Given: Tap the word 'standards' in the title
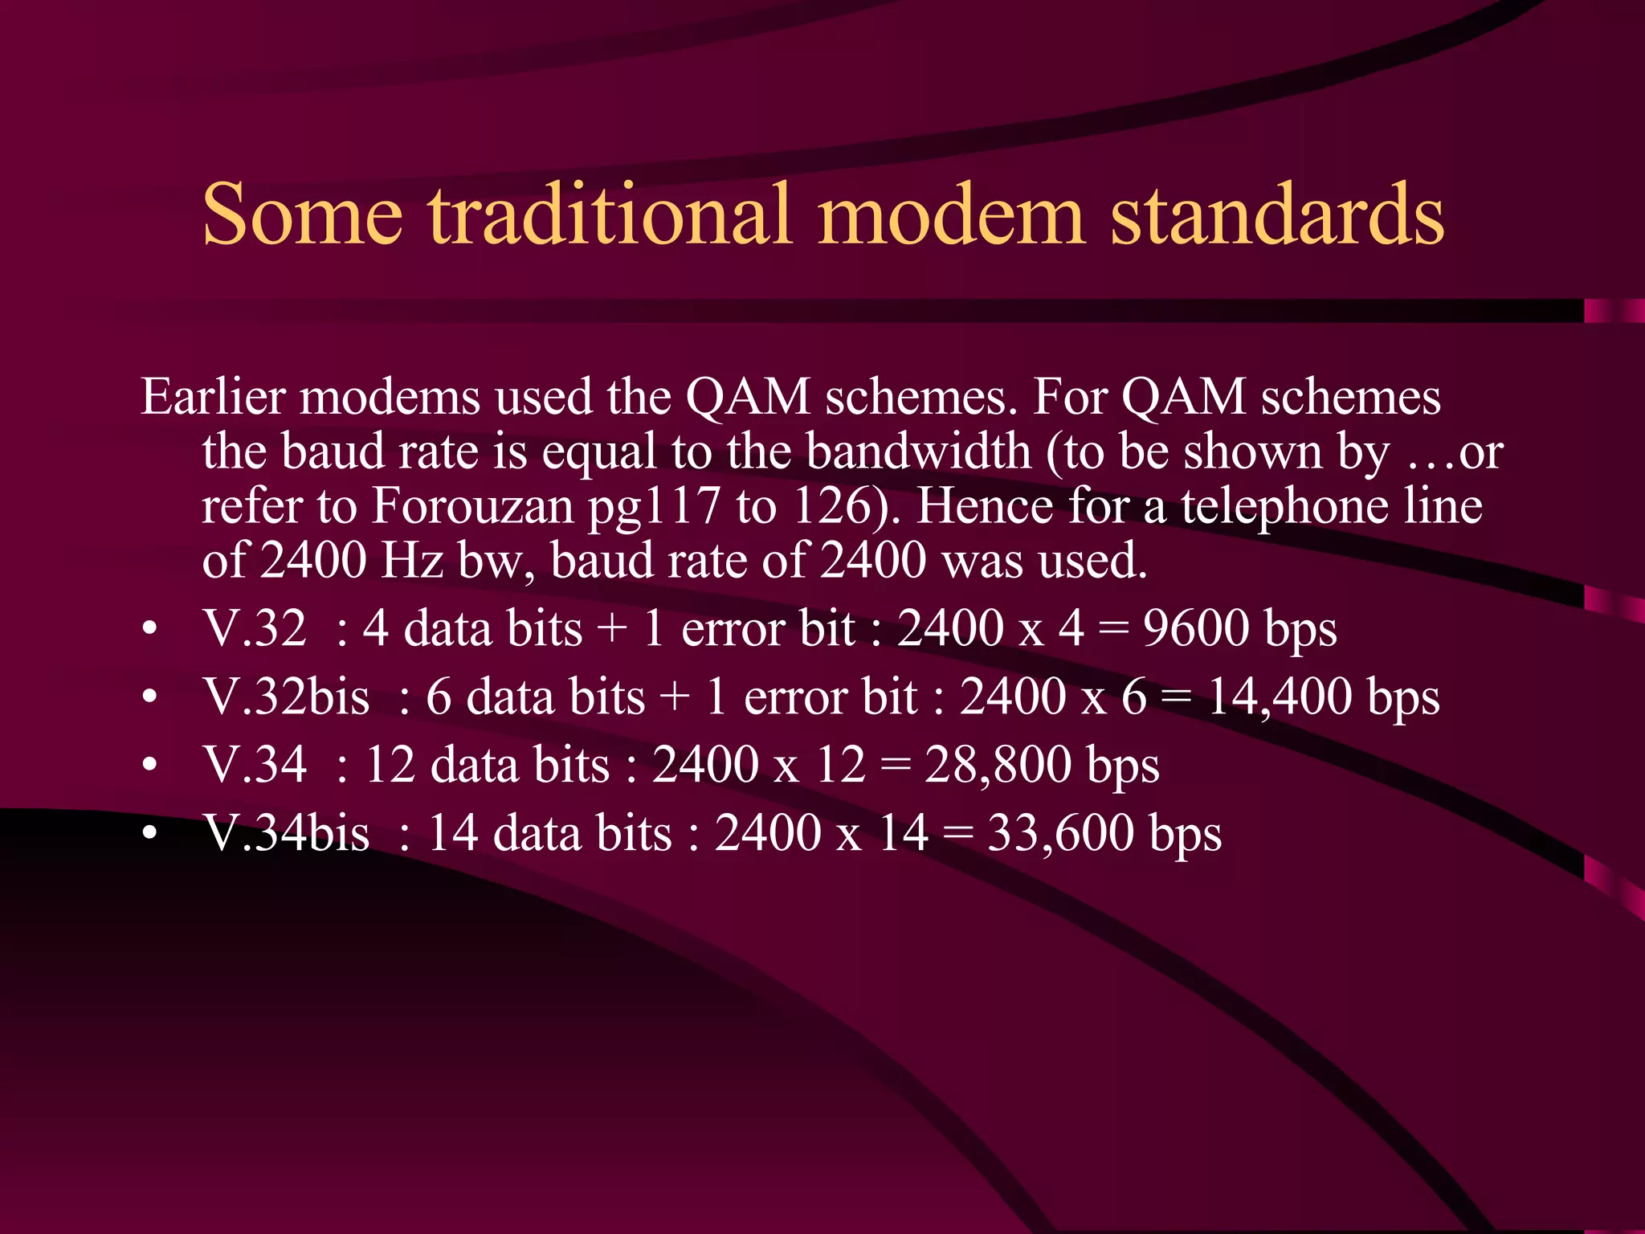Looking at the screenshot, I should pos(1277,215).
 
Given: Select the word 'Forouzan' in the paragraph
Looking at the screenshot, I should pos(473,506).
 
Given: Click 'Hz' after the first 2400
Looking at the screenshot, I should pos(411,561).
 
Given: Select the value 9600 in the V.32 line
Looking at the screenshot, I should pos(1197,628).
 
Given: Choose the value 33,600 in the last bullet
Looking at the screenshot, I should pos(1059,833).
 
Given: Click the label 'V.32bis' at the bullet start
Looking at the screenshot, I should pos(286,697).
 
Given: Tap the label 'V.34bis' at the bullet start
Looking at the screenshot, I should pos(286,833).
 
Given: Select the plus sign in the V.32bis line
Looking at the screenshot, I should pos(675,697).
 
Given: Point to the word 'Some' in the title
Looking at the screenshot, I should pos(302,215).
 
